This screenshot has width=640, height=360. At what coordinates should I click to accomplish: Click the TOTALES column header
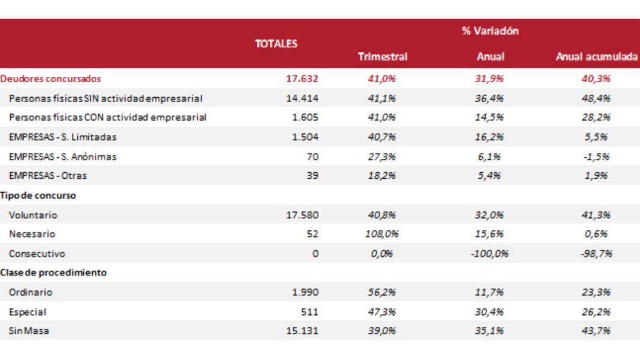click(276, 44)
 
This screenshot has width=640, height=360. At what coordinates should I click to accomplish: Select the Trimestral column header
click(382, 57)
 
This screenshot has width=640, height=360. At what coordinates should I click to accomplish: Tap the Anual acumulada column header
click(596, 57)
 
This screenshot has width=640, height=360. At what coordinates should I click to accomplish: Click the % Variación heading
click(490, 31)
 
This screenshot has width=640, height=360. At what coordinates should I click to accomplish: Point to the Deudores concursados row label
click(51, 79)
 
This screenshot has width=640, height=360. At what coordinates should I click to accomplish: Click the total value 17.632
click(303, 79)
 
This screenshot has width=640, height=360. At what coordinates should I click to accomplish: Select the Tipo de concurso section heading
click(38, 195)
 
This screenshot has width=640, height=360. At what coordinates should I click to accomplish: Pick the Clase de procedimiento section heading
click(53, 272)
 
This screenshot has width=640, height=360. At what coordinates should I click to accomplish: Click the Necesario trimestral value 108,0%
click(382, 234)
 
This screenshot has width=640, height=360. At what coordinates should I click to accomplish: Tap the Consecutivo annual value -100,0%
click(490, 254)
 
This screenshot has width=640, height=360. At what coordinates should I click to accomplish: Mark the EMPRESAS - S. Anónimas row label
click(63, 157)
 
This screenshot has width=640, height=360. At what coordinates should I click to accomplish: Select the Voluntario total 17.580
click(303, 215)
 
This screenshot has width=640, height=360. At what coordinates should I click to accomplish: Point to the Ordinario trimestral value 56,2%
click(382, 292)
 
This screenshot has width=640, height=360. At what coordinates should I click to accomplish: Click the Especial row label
click(28, 312)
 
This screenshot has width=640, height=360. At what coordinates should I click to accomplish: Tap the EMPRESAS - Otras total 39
click(312, 176)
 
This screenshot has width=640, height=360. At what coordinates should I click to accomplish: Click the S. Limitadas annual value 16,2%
click(490, 137)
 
